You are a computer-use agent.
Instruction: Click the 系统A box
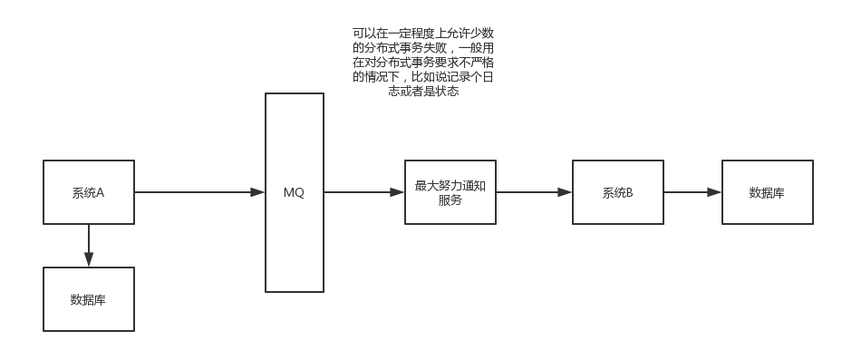tap(89, 192)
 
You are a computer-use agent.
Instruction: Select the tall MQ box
tap(295, 192)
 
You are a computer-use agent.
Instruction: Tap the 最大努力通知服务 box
tap(450, 192)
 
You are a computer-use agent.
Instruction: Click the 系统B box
tap(617, 192)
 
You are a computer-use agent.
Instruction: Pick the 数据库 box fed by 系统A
tap(89, 299)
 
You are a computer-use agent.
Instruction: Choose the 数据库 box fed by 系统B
tap(767, 192)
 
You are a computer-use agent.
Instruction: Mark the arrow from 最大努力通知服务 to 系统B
tap(531, 192)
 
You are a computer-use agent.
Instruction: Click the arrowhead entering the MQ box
tap(257, 192)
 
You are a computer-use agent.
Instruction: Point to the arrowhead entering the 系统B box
tap(565, 192)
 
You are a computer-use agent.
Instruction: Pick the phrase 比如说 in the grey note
tap(428, 77)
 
